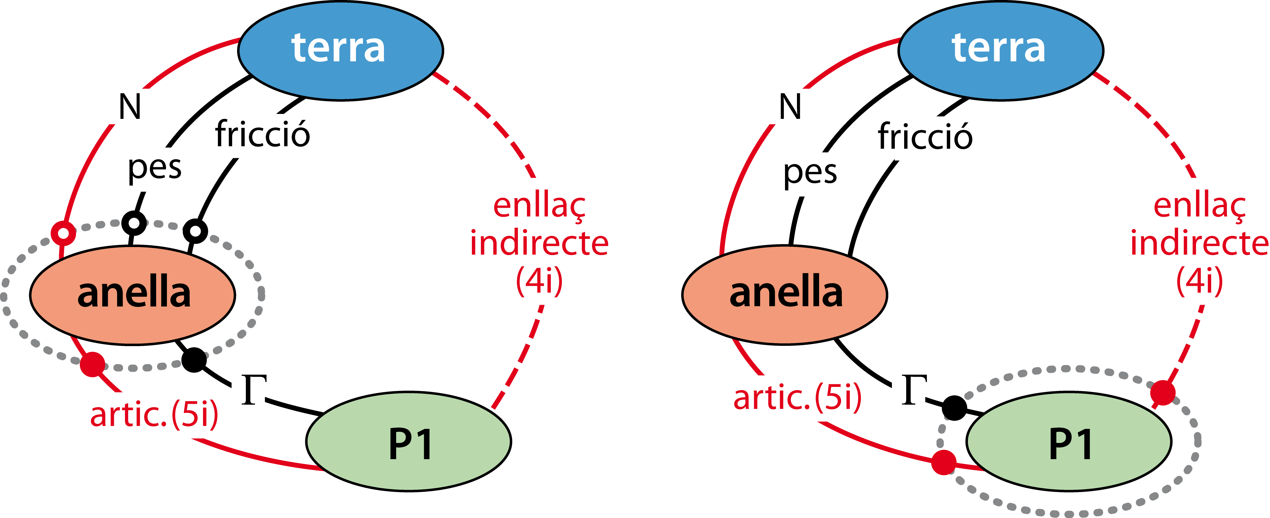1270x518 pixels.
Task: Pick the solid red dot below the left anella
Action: (x=93, y=364)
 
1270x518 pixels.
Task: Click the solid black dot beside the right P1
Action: (x=955, y=408)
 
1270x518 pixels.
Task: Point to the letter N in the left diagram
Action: (x=130, y=107)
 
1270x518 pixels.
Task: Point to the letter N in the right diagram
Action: (x=790, y=107)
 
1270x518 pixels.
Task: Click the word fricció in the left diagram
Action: (x=262, y=134)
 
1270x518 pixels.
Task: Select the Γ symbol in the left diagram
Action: (x=254, y=390)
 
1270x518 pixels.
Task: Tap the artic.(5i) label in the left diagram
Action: (x=154, y=414)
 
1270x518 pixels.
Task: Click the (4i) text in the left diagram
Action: (x=539, y=281)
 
